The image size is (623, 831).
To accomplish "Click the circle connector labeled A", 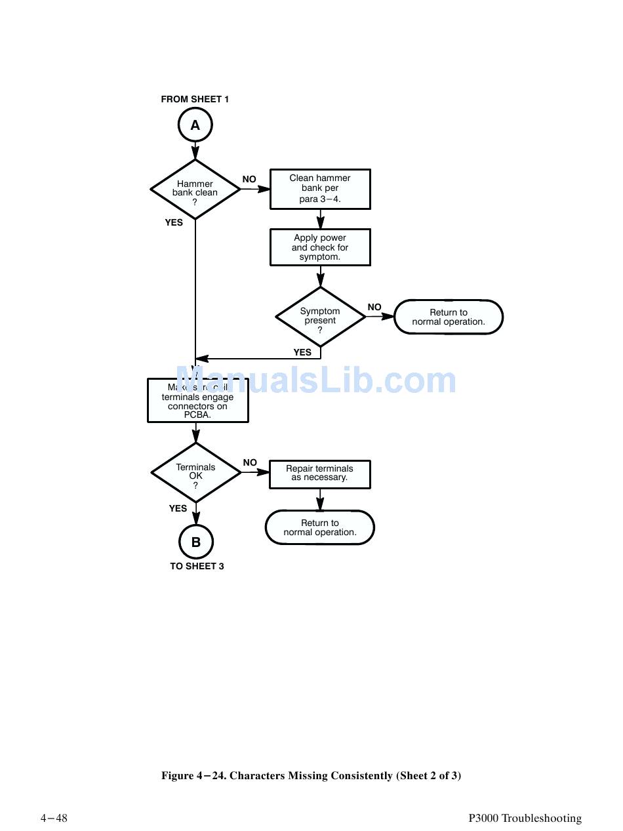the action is (x=195, y=125).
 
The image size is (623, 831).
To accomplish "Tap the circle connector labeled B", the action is (x=195, y=542).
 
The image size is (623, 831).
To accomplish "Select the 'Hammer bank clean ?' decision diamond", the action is (x=195, y=190).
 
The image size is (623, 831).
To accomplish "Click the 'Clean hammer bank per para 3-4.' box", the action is (x=320, y=189).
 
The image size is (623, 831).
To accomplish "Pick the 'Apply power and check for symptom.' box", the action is (x=320, y=247).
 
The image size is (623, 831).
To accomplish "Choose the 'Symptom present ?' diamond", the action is (x=320, y=317).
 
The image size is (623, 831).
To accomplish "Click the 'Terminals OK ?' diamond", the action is (x=195, y=473).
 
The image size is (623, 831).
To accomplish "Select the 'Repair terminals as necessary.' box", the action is (x=320, y=474).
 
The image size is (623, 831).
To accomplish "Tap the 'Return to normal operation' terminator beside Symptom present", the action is (x=449, y=317).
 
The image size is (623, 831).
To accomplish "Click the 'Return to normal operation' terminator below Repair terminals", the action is (x=320, y=528).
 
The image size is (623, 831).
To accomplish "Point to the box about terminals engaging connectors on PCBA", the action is (x=197, y=401).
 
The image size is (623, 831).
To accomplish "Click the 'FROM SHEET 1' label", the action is (x=195, y=100).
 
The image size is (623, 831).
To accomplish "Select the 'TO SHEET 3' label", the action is (x=197, y=566).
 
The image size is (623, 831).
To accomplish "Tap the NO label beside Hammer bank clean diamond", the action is (x=249, y=180).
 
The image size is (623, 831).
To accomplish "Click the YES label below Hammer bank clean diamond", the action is (x=174, y=223).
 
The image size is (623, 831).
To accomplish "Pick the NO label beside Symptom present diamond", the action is (x=374, y=307).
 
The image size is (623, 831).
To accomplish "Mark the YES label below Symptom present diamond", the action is (x=302, y=353).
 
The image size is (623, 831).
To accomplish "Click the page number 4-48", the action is (x=54, y=818).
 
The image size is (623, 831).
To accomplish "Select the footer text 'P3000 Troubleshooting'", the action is (x=525, y=818).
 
